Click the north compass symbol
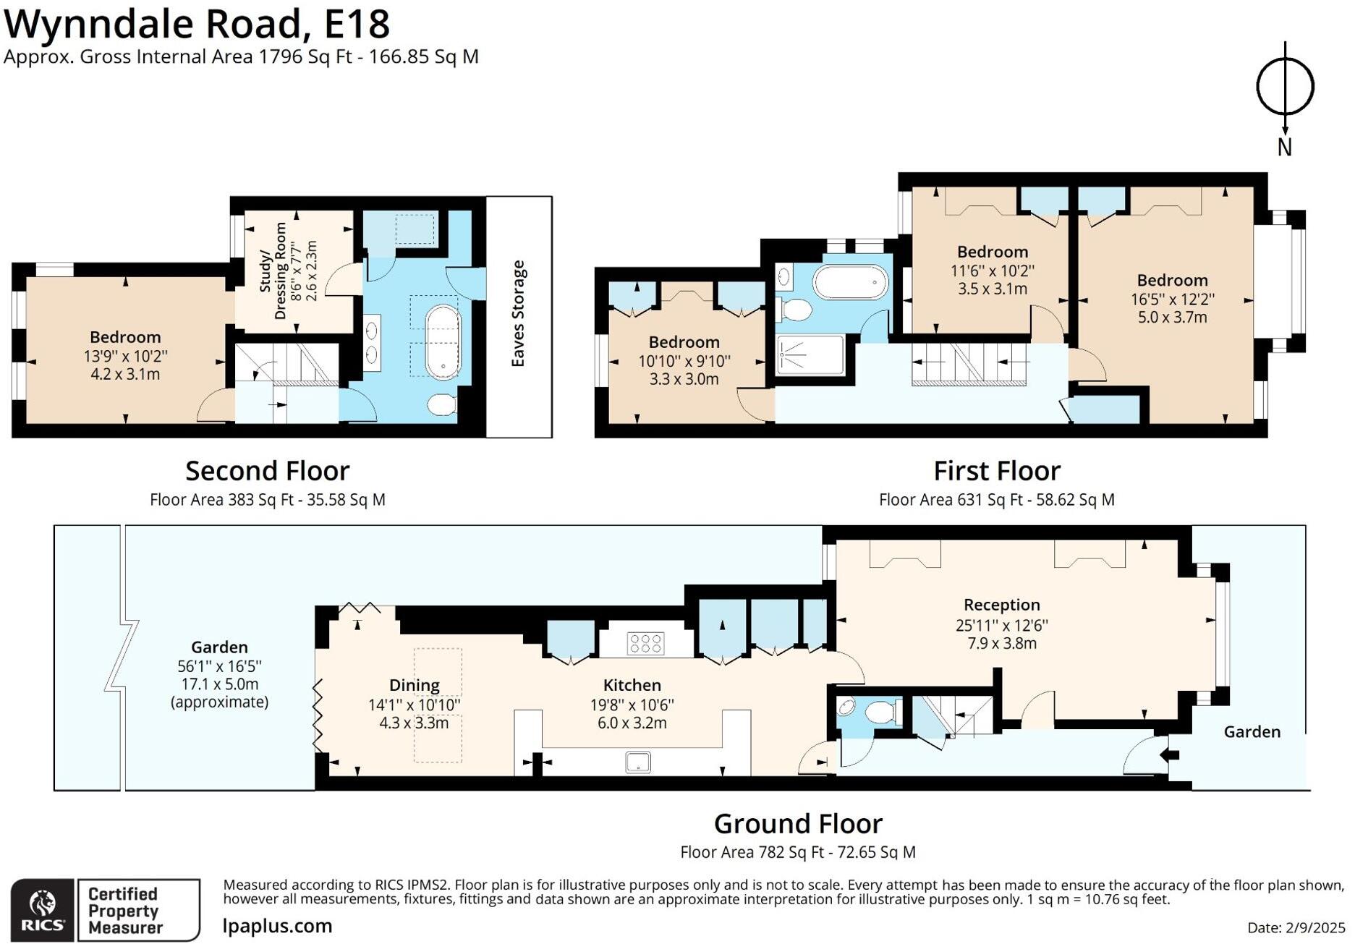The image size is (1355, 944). (x=1285, y=87)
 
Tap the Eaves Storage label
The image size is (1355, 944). (x=518, y=313)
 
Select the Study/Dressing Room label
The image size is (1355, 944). (x=272, y=271)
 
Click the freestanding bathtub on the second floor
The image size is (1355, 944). (x=442, y=342)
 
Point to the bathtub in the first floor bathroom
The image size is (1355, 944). (x=850, y=282)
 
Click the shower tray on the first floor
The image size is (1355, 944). (x=810, y=354)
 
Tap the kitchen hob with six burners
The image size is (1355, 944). (x=645, y=643)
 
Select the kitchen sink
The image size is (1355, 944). (x=638, y=762)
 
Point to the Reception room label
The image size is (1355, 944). (x=1001, y=605)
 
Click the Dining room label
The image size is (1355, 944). (x=414, y=685)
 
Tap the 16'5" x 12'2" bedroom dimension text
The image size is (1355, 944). (x=1172, y=299)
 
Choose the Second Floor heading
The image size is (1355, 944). (x=268, y=471)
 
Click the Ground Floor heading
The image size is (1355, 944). (x=798, y=824)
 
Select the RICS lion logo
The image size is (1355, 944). (x=42, y=910)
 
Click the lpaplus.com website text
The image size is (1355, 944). (x=277, y=926)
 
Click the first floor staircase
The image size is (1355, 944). (x=969, y=364)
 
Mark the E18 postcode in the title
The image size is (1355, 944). (x=357, y=23)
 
